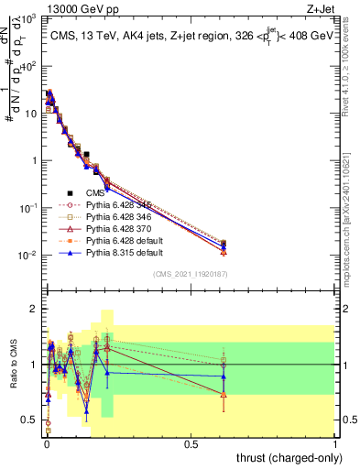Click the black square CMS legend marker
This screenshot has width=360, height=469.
coord(70,192)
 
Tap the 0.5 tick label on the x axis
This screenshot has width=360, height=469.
coord(191,442)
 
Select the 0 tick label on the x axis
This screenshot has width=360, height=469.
coord(45,442)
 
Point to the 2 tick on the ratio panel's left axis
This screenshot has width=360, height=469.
coord(35,309)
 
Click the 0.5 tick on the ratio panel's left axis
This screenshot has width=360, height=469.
coord(32,420)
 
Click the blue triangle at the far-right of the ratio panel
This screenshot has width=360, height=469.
coord(224,376)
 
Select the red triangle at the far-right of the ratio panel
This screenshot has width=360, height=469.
coord(224,394)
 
